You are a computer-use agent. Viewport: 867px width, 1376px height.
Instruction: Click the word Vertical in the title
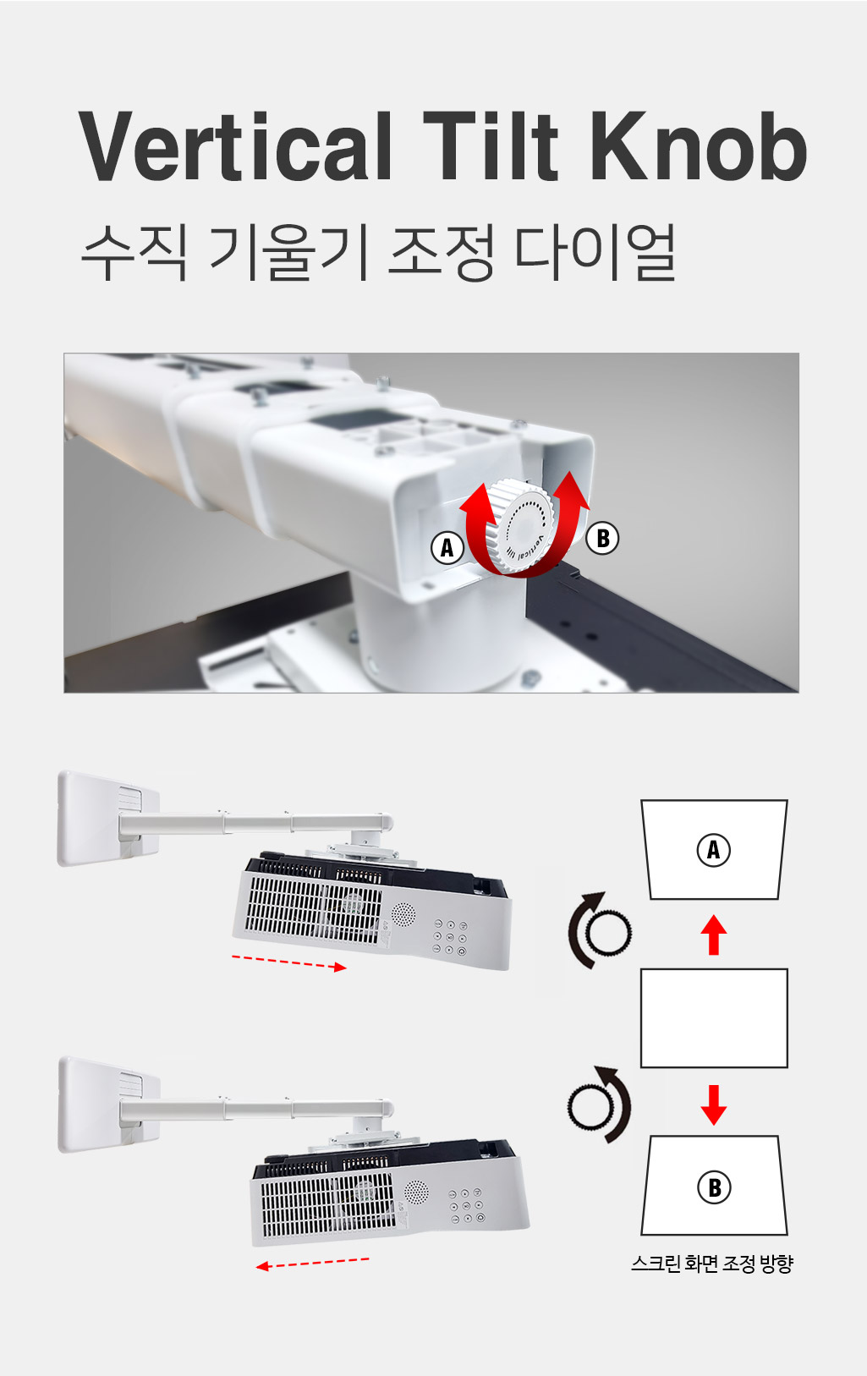(x=234, y=146)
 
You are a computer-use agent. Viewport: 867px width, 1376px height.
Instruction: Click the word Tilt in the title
(x=491, y=146)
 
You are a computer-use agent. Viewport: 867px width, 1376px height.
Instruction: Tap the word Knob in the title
(x=699, y=146)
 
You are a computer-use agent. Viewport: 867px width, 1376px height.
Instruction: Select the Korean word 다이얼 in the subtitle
(x=595, y=252)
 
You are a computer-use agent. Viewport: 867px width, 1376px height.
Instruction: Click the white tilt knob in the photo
(x=524, y=526)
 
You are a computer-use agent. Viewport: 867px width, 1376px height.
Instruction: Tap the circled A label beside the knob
(x=447, y=546)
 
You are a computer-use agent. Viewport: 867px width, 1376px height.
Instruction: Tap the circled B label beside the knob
(x=602, y=538)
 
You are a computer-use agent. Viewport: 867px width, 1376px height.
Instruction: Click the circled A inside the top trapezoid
(x=713, y=850)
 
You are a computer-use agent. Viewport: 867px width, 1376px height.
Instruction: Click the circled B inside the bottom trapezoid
(x=714, y=1187)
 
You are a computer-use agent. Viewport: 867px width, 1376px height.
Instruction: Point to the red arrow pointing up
(x=713, y=935)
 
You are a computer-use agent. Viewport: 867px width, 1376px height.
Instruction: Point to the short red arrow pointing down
(x=713, y=1105)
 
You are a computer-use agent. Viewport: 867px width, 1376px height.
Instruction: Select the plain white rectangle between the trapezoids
(x=714, y=1018)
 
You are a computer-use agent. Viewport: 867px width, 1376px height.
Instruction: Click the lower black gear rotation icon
(x=600, y=1105)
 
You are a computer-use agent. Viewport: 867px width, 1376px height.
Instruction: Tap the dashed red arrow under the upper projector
(x=288, y=962)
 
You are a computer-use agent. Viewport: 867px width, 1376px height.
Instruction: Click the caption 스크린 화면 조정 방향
(x=712, y=1264)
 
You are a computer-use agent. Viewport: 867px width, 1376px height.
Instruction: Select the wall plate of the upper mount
(x=108, y=818)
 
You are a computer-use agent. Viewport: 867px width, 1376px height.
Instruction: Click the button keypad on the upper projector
(x=450, y=938)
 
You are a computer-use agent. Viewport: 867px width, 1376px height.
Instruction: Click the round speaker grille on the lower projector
(x=416, y=1192)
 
